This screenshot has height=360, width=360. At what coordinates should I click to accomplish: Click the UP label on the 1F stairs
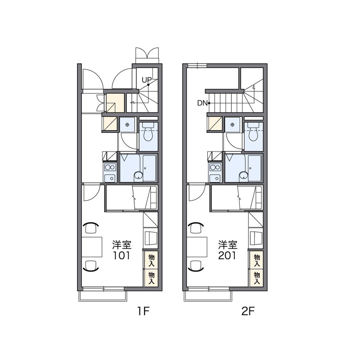147,80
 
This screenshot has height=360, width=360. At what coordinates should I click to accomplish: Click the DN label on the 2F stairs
202,103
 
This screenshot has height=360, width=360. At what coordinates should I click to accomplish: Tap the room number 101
122,256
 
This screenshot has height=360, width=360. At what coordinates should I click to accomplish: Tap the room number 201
227,256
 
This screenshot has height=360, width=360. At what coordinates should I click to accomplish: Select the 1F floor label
143,311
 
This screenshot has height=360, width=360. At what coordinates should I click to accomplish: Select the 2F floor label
248,311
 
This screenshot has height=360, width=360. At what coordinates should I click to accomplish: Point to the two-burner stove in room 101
110,167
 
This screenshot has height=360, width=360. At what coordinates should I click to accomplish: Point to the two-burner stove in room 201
215,167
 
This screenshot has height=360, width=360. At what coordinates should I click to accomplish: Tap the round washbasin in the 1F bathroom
138,176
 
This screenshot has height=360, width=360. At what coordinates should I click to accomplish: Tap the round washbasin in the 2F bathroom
244,176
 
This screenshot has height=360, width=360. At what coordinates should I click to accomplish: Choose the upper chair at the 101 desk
91,227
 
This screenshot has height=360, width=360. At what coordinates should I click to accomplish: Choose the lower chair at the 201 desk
196,266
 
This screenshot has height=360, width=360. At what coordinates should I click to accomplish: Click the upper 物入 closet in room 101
151,260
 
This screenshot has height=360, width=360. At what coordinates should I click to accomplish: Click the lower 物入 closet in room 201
256,278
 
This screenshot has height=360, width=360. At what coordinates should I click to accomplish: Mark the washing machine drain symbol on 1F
127,125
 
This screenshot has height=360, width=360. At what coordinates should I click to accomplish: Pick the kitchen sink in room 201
215,178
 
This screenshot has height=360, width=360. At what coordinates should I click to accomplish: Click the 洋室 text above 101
122,245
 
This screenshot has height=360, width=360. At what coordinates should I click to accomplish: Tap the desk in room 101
92,247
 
